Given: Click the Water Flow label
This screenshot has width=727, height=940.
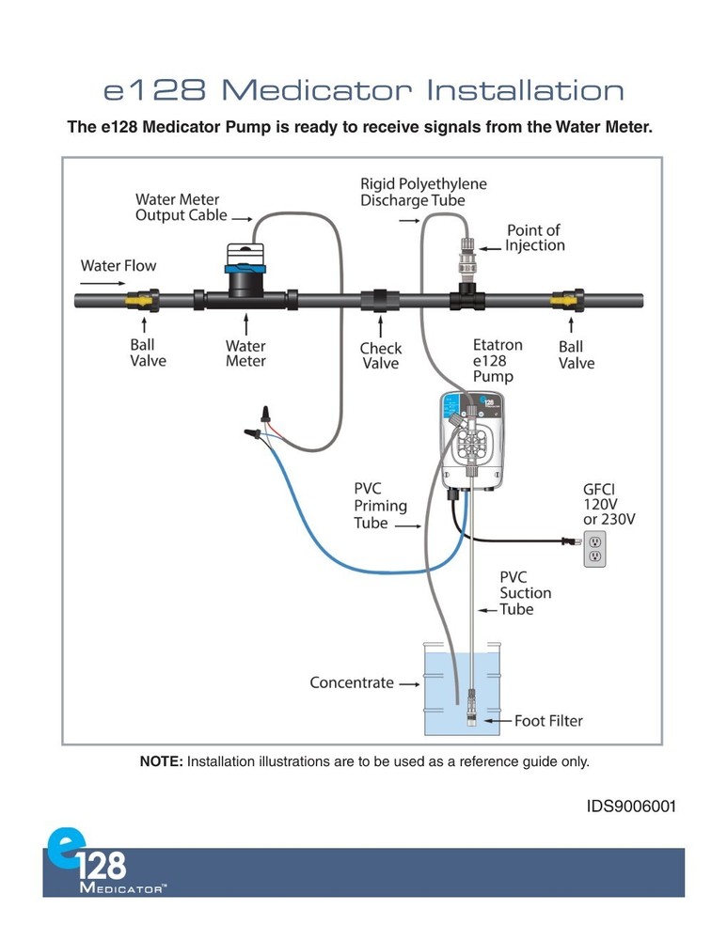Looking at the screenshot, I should coord(119,265).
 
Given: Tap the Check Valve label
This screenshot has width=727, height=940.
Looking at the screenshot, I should coord(380,355).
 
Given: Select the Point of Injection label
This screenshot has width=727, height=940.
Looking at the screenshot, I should coord(534,238).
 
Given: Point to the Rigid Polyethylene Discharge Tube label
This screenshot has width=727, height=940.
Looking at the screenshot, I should coord(423,192).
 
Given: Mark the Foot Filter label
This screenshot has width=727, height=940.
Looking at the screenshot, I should coord(548,721).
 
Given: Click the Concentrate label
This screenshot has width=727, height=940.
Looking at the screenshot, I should coord(352,683).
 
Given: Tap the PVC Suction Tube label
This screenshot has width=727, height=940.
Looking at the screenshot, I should coord(525,593).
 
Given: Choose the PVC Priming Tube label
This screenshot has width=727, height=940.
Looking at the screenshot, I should coord(380,506).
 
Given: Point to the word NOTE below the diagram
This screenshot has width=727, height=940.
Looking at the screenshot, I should coord(161,761).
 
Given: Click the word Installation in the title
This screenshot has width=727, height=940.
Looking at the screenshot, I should coord(525,91).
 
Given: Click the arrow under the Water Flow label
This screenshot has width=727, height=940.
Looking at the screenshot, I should coord(103,281).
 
